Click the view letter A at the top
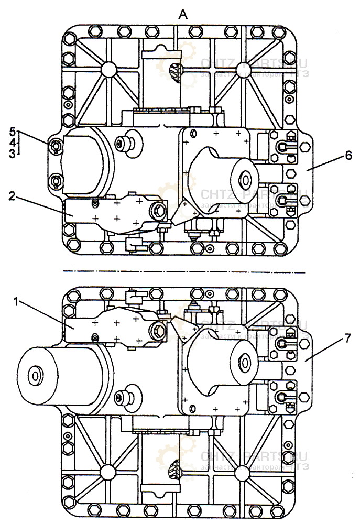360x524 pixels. (x=183, y=15)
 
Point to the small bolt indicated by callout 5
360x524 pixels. (x=57, y=146)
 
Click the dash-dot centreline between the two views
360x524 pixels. (x=183, y=272)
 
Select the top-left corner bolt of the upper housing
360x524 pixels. (x=69, y=39)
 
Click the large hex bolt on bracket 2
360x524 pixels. (x=158, y=211)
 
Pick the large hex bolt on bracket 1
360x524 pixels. (x=158, y=330)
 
